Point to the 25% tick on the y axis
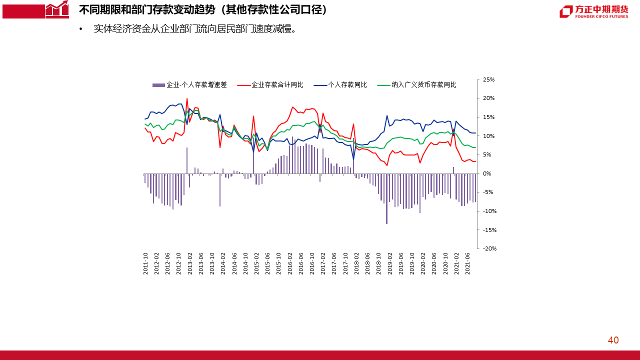[488, 79]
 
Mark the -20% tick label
[488, 248]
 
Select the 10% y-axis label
[488, 136]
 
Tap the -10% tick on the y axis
[488, 211]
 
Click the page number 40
[613, 340]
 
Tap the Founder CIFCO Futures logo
[593, 11]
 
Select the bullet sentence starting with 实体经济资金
[195, 28]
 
